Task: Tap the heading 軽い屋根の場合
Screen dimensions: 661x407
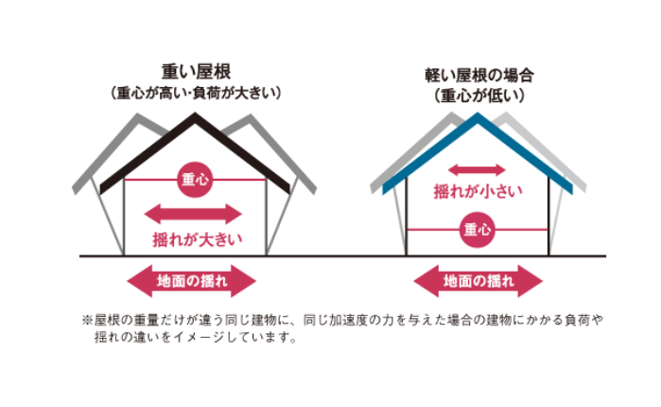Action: (x=479, y=75)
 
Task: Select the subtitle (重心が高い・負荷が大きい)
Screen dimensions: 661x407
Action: (x=197, y=93)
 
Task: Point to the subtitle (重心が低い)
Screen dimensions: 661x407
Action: (x=479, y=96)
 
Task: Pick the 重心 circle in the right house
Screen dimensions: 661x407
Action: (x=478, y=229)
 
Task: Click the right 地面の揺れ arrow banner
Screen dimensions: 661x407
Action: (x=478, y=281)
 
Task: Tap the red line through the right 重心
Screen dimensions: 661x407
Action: (x=430, y=229)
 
